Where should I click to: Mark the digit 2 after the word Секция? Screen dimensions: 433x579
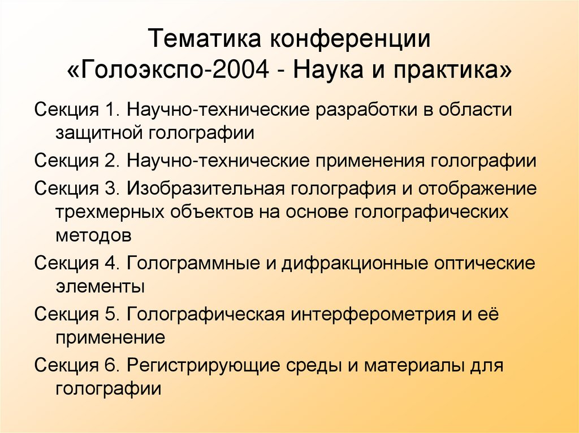[110, 161]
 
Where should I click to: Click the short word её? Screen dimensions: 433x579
[491, 314]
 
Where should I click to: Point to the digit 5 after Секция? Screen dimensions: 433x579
[110, 314]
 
